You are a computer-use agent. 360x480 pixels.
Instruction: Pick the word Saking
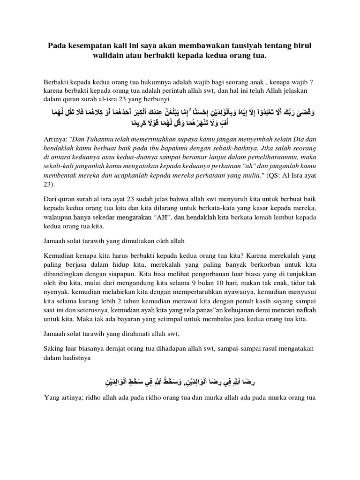click(x=53, y=350)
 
